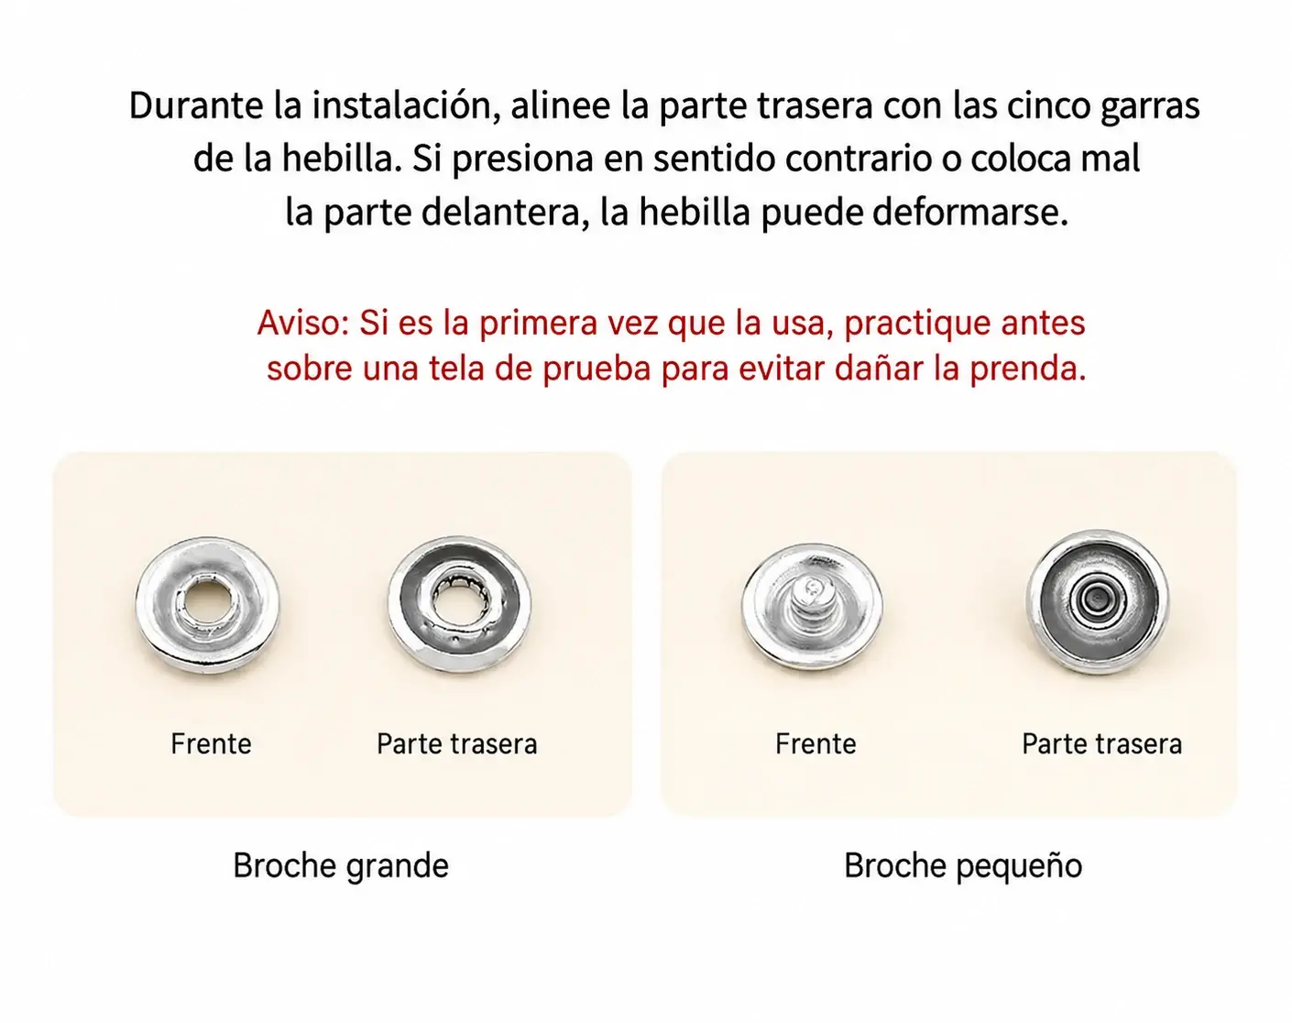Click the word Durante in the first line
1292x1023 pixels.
196,105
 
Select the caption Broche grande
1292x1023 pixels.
341,866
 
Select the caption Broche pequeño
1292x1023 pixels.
963,866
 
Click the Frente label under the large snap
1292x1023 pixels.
212,743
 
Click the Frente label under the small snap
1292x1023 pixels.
816,743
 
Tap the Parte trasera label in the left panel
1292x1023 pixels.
457,744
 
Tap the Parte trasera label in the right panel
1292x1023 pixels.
1101,744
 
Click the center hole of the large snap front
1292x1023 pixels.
206,603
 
